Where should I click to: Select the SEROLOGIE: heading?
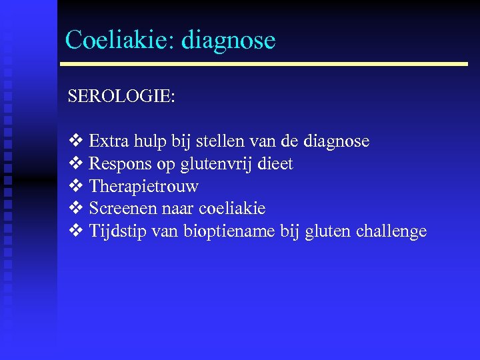121,97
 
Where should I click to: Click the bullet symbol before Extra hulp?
75,141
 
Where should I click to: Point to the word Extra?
105,141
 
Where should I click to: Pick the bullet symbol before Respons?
75,164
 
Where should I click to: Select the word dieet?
276,164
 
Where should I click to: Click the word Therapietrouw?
143,187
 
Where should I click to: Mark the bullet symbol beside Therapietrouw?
75,187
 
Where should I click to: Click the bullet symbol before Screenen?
75,209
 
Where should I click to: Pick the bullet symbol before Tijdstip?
75,231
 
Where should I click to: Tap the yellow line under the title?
264,64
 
